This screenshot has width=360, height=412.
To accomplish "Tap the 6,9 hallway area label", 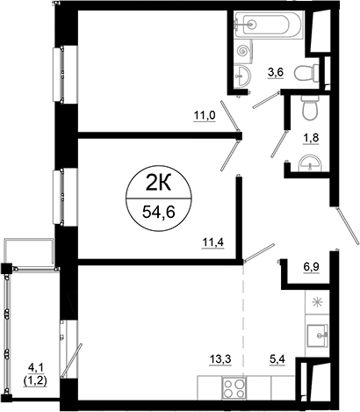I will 312,265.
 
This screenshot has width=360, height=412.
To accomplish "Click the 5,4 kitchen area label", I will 277,358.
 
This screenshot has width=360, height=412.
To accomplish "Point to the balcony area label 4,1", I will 35,368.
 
